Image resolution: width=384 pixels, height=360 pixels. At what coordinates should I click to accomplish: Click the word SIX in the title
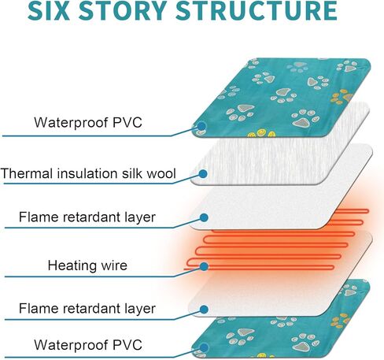49,10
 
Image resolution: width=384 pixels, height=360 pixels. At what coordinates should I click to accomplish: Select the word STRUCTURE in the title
257,10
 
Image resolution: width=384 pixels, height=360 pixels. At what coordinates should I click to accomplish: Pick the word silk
132,173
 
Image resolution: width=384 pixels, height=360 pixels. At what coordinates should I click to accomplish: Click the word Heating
69,265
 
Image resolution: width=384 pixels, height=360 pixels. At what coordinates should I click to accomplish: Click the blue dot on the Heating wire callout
204,266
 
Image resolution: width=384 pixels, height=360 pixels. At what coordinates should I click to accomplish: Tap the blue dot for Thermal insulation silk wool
203,173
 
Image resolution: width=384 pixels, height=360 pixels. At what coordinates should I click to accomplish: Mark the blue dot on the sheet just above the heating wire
204,217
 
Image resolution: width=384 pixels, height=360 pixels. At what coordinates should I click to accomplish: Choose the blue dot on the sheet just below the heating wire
204,310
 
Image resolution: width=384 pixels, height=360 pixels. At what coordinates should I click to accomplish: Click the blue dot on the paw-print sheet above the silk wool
201,126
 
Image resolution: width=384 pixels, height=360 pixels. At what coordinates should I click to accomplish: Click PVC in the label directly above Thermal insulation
127,122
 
